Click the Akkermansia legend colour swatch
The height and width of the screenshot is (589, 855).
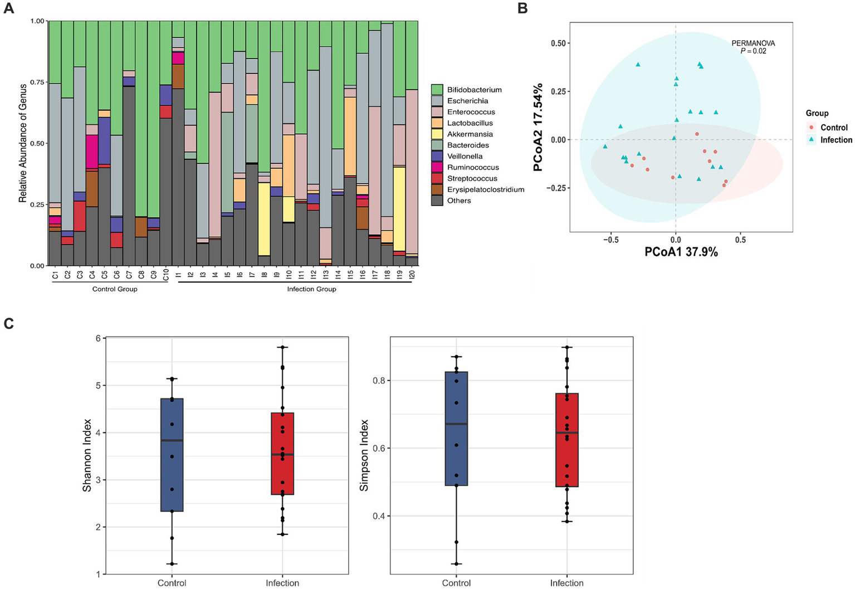click(x=437, y=134)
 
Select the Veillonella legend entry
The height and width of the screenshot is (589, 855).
click(x=465, y=157)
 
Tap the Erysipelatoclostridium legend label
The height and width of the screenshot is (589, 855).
click(x=485, y=189)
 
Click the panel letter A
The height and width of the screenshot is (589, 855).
click(x=9, y=9)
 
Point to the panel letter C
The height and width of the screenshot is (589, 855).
click(x=9, y=324)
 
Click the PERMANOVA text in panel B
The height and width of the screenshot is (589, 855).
click(x=753, y=43)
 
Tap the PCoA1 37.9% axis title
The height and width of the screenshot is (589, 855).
click(x=681, y=252)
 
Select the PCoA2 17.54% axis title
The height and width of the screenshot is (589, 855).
click(x=538, y=128)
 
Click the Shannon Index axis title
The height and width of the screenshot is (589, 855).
click(x=87, y=455)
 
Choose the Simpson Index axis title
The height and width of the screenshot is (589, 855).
click(x=364, y=455)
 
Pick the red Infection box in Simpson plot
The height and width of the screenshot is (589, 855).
click(x=567, y=440)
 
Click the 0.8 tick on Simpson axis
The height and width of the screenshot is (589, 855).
click(x=379, y=381)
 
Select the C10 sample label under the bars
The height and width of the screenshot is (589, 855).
click(x=165, y=274)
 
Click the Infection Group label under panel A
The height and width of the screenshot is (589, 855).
click(x=311, y=289)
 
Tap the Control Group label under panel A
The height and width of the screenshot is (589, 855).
click(x=115, y=289)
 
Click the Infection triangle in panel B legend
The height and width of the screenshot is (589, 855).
click(x=812, y=140)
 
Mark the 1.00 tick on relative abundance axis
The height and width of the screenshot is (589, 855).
click(x=37, y=21)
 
